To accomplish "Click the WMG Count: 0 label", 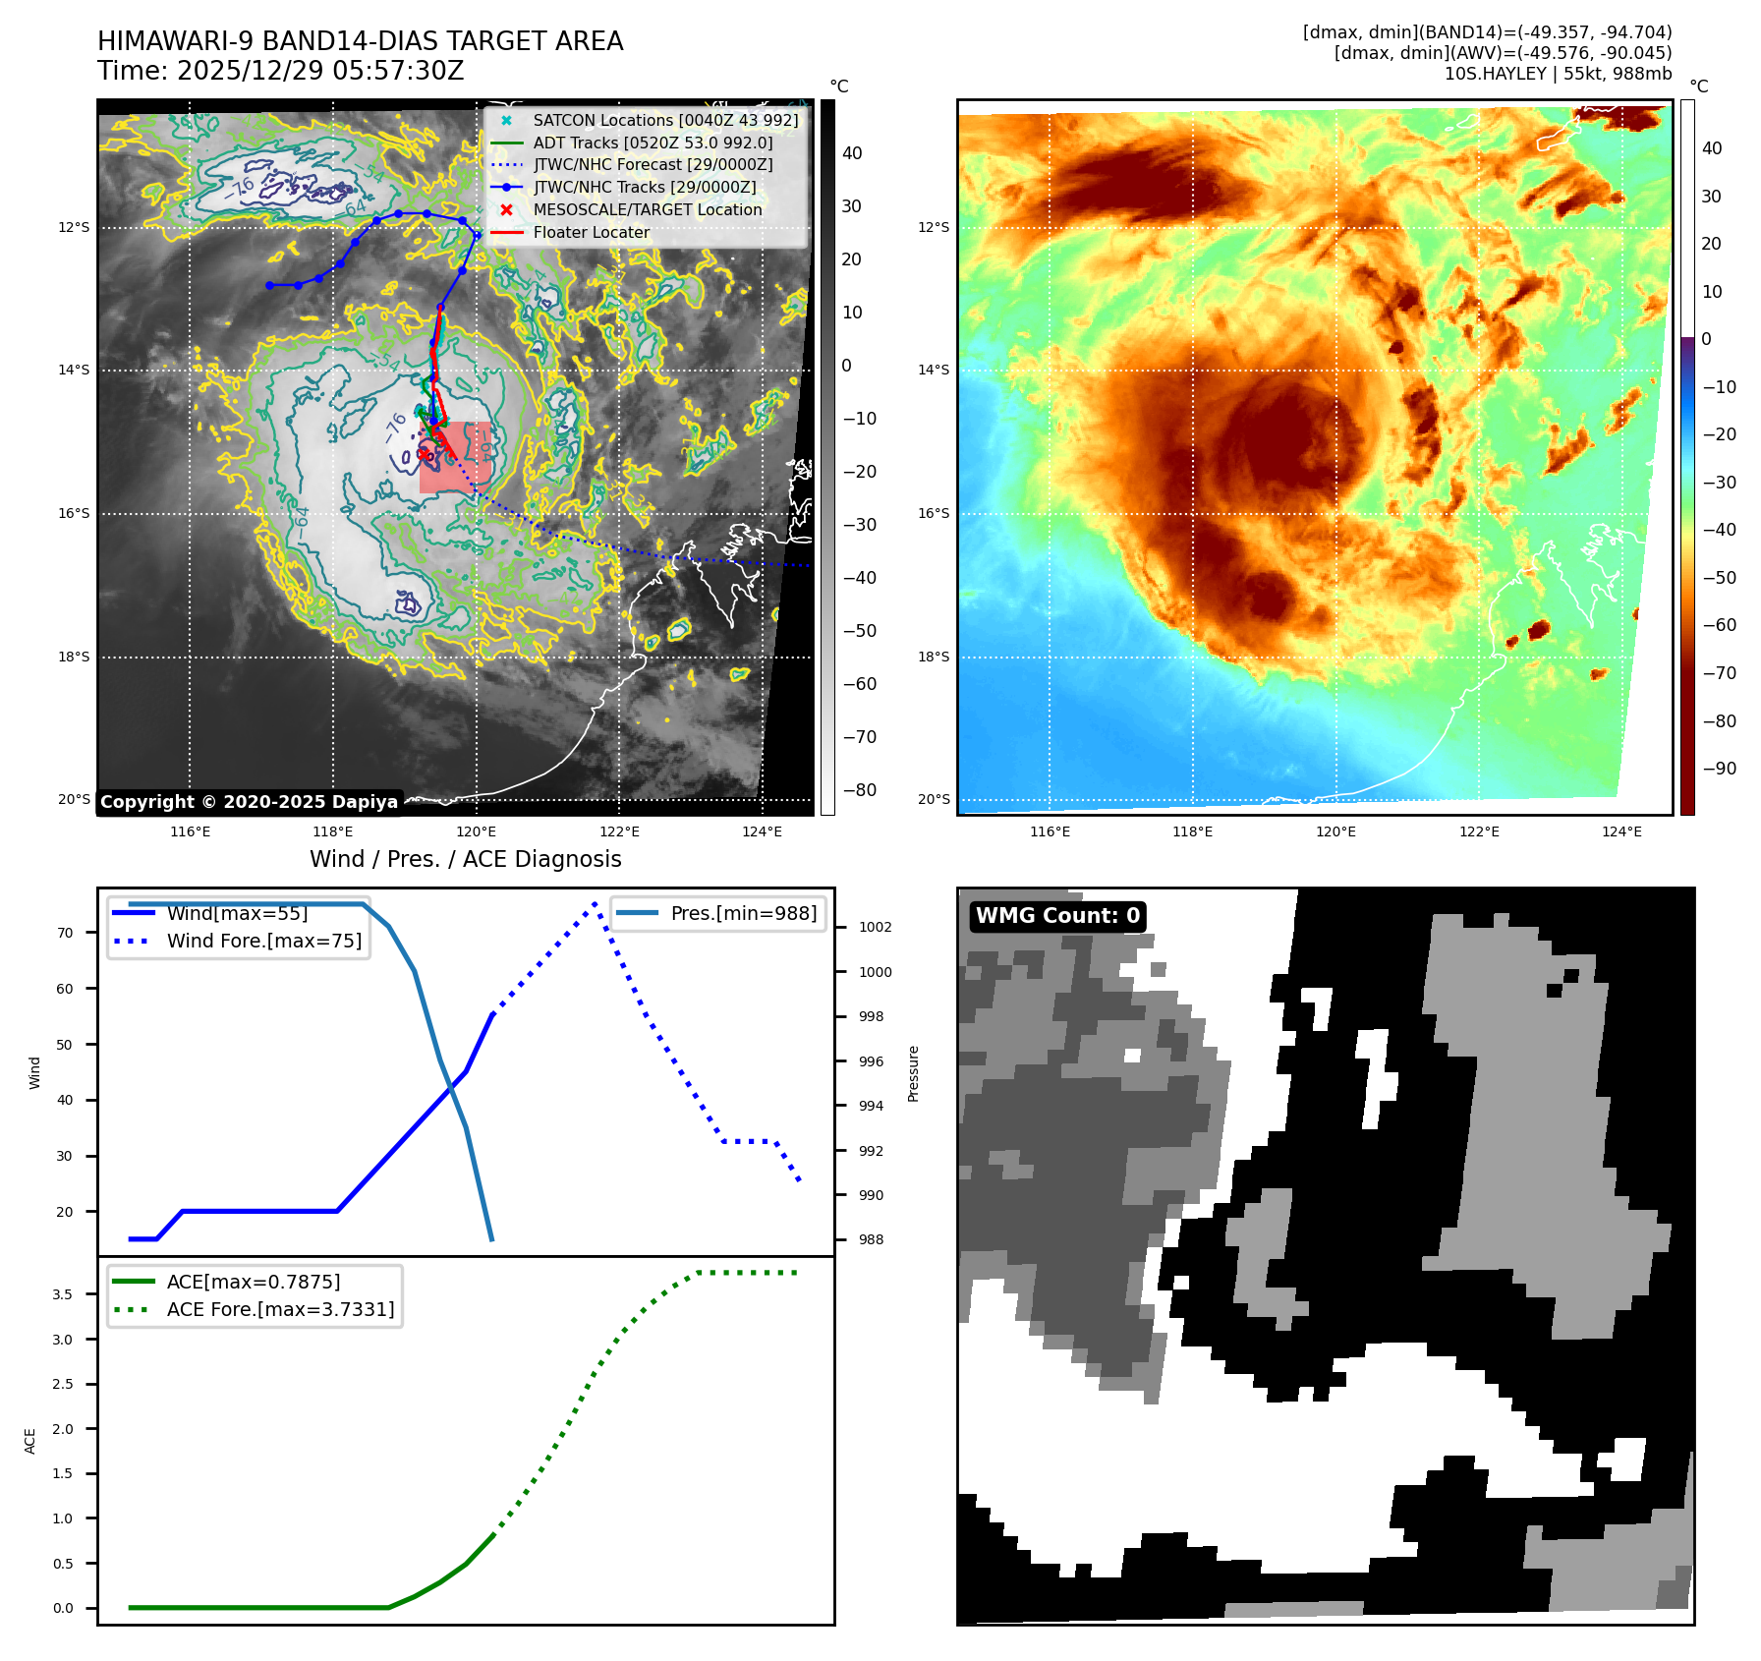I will [x=1057, y=916].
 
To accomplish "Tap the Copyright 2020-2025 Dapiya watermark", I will [x=249, y=802].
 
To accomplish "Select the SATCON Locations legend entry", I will [x=665, y=121].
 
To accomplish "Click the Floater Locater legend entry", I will [x=591, y=233].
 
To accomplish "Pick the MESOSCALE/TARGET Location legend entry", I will [x=647, y=210].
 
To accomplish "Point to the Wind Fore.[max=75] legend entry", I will [x=263, y=942].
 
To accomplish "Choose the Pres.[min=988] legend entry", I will [x=743, y=914].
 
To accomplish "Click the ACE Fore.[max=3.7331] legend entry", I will [x=280, y=1310].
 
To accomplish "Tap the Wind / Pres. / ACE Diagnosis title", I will [x=466, y=860].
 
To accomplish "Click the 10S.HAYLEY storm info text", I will [x=1558, y=74].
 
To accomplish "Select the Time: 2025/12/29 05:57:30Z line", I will [x=280, y=72].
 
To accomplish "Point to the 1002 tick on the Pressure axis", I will [x=875, y=928].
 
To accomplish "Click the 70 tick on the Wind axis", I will [x=65, y=934].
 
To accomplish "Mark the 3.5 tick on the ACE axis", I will [x=63, y=1295].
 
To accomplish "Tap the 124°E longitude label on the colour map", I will [x=1621, y=832].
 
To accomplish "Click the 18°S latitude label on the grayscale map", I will [x=74, y=658].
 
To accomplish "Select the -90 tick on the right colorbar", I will [x=1719, y=769].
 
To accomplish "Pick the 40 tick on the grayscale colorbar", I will [x=852, y=153].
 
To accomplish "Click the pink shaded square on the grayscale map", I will [x=455, y=458].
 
